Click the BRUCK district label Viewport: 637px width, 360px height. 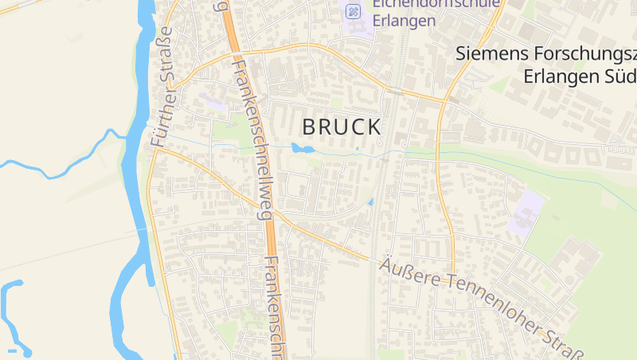click(342, 127)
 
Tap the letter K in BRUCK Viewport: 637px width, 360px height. click(373, 127)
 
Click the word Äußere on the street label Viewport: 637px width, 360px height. click(408, 270)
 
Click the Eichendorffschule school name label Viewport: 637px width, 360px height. click(436, 3)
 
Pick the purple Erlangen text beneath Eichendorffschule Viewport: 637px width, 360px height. click(404, 21)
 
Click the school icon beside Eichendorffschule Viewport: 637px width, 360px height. click(353, 11)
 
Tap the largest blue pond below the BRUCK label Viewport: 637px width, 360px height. click(300, 148)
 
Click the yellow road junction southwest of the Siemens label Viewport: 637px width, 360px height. click(443, 101)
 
